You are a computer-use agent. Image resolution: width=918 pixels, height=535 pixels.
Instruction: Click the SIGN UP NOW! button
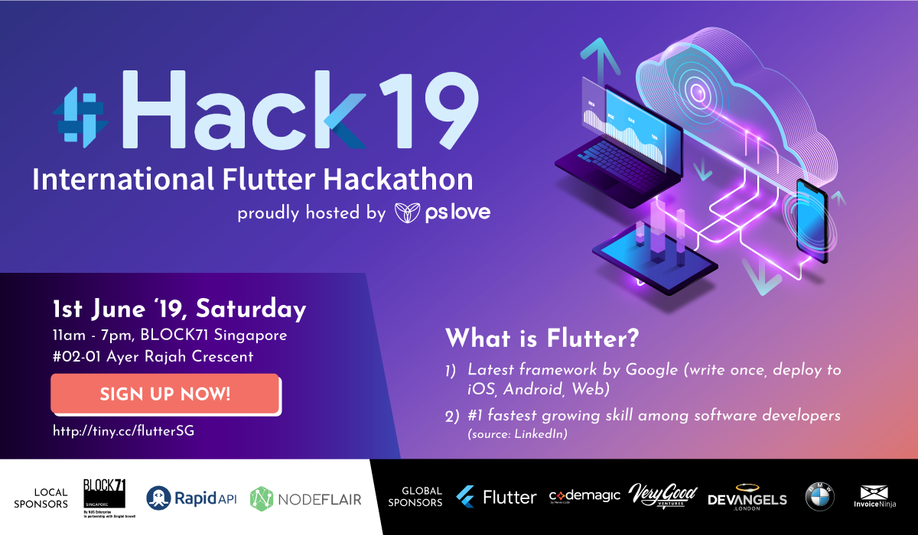[164, 394]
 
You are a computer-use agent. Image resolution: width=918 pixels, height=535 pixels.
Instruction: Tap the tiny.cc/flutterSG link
[123, 431]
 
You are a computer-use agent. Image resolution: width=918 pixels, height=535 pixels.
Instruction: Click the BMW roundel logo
[819, 498]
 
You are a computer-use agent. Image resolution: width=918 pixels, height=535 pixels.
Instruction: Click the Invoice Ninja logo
[876, 498]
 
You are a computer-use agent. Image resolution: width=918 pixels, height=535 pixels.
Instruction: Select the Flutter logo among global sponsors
[496, 498]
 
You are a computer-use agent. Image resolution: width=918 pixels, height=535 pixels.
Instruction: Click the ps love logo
[442, 212]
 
